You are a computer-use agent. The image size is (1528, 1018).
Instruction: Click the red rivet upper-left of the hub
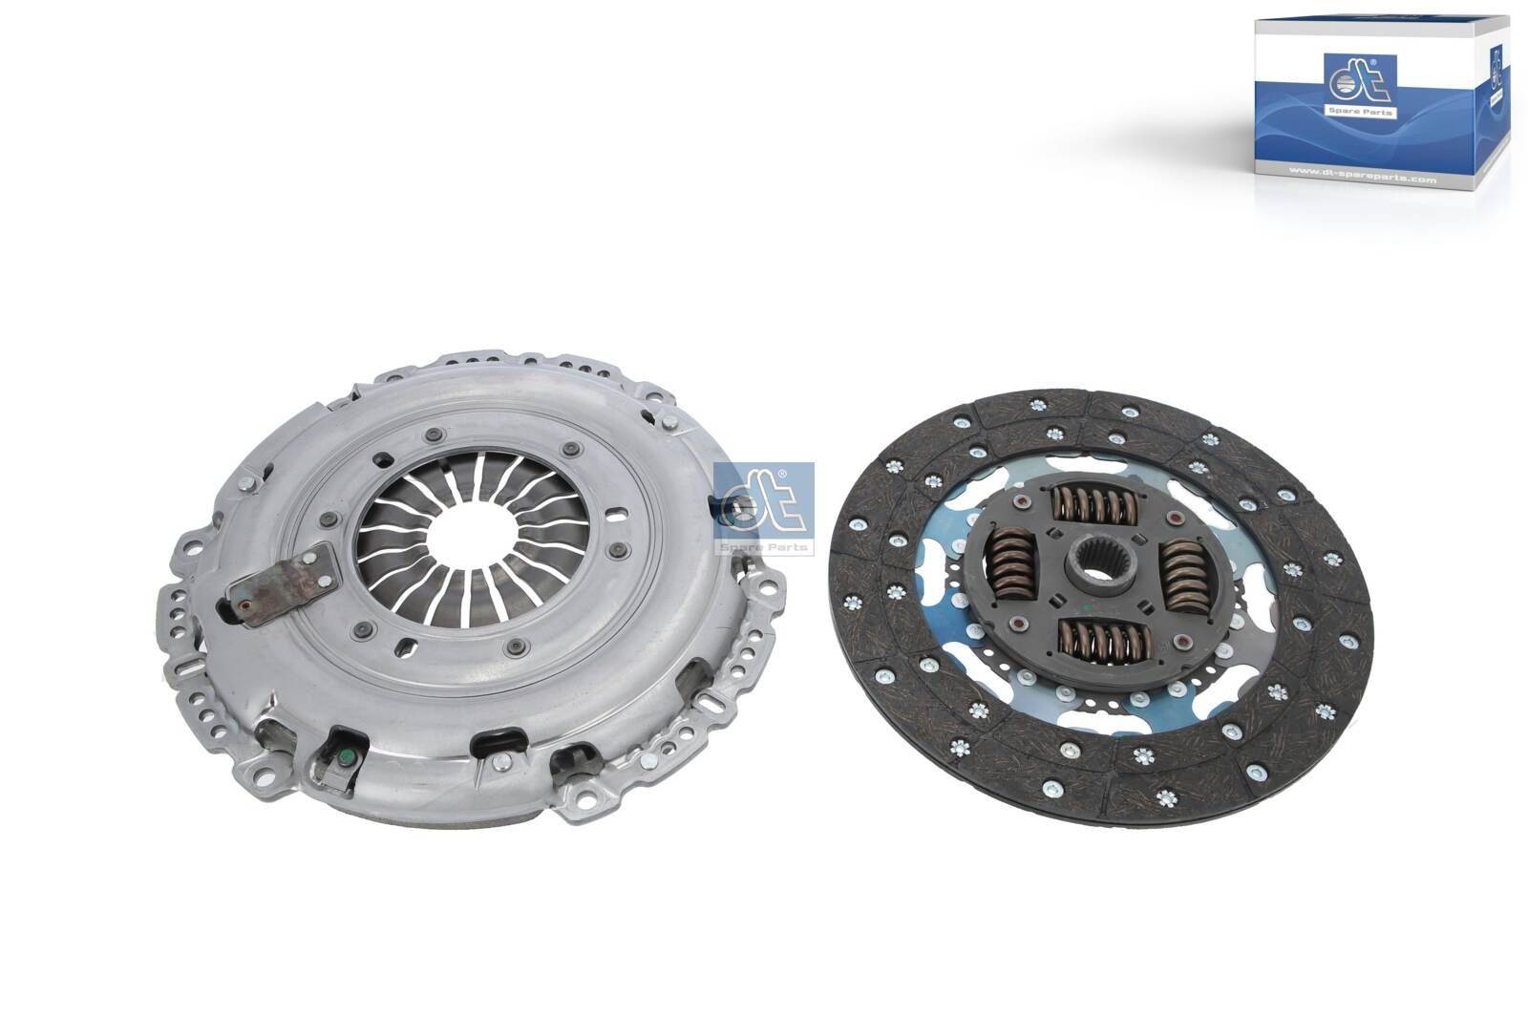(x=1019, y=503)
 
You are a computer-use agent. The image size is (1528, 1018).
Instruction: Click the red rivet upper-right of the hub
(x=1168, y=517)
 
